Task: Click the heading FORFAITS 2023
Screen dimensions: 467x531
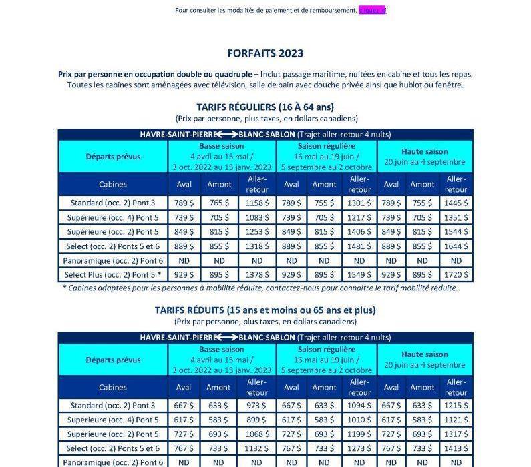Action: (265, 53)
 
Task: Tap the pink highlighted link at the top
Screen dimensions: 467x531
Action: (372, 10)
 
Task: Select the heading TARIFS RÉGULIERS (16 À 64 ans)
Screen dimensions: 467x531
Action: (265, 107)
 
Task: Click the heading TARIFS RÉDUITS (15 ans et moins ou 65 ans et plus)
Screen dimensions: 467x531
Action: (265, 310)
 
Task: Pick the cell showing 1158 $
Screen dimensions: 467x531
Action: (256, 202)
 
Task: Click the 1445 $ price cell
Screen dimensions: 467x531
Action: (456, 202)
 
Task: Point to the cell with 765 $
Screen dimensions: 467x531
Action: (219, 202)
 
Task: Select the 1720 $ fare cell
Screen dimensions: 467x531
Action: (456, 275)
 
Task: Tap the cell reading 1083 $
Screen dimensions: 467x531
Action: (256, 217)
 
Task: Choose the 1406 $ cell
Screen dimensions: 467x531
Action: (359, 231)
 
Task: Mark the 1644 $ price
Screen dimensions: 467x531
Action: (456, 246)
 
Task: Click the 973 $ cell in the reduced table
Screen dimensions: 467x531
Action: (256, 405)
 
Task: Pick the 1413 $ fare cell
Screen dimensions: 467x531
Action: (456, 448)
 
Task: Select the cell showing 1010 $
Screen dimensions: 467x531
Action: (359, 420)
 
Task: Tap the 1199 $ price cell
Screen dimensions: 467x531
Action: (359, 434)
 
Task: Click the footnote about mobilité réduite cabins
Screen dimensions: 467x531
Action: (260, 288)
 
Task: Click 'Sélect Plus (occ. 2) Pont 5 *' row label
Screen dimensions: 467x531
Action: (112, 275)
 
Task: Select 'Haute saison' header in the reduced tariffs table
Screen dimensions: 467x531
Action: (425, 354)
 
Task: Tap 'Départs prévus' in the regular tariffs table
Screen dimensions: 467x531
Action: (112, 157)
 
